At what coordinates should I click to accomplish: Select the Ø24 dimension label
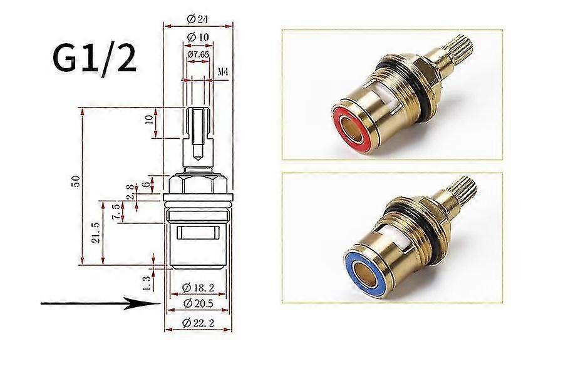198,19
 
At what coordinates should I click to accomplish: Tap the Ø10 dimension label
198,38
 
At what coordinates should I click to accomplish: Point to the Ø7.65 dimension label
198,55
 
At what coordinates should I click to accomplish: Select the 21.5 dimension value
96,232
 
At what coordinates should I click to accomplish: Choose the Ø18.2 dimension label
198,287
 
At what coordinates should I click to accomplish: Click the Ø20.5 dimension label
198,303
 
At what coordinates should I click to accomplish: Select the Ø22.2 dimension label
198,323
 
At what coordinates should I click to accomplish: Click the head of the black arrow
144,305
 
